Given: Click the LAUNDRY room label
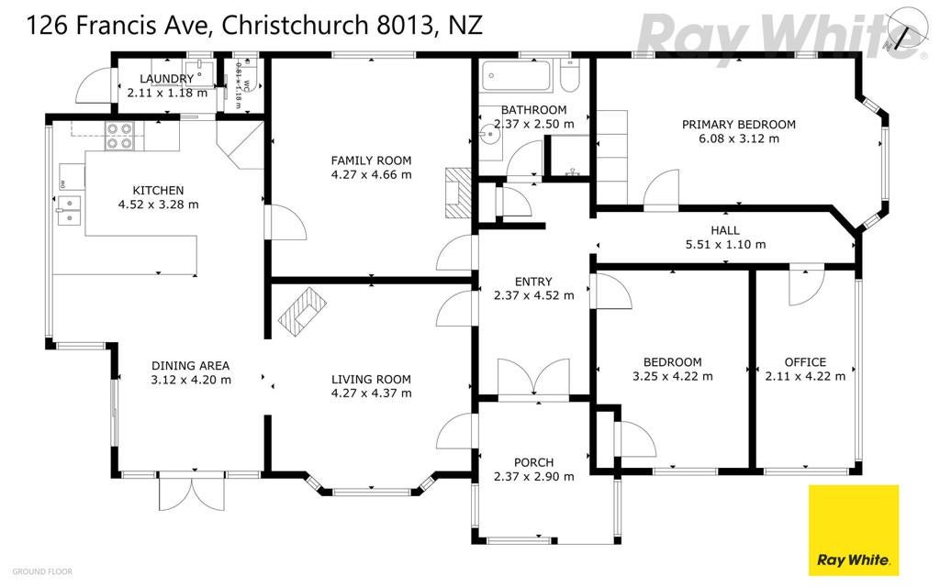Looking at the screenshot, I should pyautogui.click(x=167, y=79).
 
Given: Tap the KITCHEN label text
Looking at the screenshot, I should pyautogui.click(x=158, y=190).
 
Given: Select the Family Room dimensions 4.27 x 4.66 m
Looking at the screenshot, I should pyautogui.click(x=371, y=174).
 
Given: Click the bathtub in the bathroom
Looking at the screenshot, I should pyautogui.click(x=515, y=76).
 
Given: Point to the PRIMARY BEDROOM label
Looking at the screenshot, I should pyautogui.click(x=738, y=125).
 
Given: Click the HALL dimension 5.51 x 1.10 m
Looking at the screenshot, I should pyautogui.click(x=725, y=245).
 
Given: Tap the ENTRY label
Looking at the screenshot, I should pyautogui.click(x=533, y=282).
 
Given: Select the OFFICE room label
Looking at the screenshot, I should pyautogui.click(x=805, y=361).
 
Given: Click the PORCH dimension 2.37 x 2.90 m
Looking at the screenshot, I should pyautogui.click(x=533, y=476).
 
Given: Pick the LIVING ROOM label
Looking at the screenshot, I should pyautogui.click(x=371, y=379).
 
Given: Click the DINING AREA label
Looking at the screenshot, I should pyautogui.click(x=191, y=365).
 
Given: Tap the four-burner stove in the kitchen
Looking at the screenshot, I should pyautogui.click(x=119, y=136).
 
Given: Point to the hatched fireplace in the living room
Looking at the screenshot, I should pyautogui.click(x=303, y=308).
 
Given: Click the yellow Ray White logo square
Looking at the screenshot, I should pyautogui.click(x=853, y=529).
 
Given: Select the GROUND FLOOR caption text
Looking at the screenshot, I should pyautogui.click(x=42, y=571).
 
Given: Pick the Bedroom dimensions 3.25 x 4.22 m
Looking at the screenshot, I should pyautogui.click(x=673, y=375).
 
